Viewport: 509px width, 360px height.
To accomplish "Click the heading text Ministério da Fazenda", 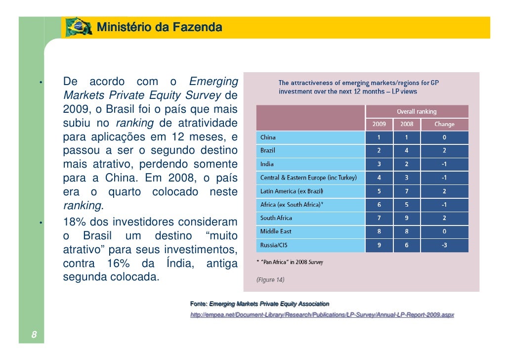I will pos(159,27).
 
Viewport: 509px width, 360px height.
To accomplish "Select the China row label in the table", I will pos(268,137).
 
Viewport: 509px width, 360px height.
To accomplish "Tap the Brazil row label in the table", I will pos(268,151).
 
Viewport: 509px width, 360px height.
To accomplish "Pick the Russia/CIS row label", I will pos(274,245).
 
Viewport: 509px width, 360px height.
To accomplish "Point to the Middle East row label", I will pos(276,231).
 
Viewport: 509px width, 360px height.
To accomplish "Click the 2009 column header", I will pos(379,124).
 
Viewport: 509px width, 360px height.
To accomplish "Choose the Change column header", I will pos(444,124).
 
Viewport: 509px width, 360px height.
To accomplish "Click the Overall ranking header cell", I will pos(417,112).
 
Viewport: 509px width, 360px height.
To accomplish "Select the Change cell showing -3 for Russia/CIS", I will pos(444,245).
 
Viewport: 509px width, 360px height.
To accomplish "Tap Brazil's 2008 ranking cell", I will pos(407,151).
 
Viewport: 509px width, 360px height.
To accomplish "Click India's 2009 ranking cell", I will pos(379,164).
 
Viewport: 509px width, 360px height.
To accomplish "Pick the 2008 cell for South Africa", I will pos(407,218).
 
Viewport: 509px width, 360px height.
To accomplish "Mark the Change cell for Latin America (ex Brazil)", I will pos(444,191).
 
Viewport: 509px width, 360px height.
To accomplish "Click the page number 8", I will pos(34,335).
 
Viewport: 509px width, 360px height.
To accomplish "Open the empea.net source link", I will pos(322,315).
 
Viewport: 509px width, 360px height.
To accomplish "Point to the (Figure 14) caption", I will pos(270,280).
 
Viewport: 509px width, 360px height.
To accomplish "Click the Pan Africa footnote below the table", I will pos(290,262).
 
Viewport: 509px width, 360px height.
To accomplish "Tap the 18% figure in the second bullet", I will pos(74,223).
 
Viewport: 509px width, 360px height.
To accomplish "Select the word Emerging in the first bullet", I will pos(213,82).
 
